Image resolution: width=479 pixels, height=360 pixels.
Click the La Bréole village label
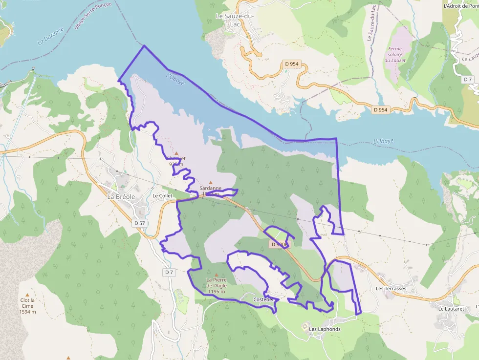click(x=121, y=196)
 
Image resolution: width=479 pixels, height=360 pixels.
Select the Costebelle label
click(x=265, y=299)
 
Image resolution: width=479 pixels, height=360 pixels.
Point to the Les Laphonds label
click(x=325, y=329)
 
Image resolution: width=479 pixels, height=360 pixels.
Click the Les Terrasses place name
click(x=391, y=289)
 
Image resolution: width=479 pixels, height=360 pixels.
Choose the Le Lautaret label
click(x=450, y=309)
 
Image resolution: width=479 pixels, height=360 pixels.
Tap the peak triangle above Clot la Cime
click(x=27, y=295)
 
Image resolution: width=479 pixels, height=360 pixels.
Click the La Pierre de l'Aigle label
click(x=216, y=283)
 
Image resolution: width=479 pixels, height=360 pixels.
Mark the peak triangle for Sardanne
click(x=211, y=183)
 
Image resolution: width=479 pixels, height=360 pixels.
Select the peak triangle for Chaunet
click(x=176, y=153)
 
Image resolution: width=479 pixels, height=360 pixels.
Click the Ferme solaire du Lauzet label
click(x=397, y=54)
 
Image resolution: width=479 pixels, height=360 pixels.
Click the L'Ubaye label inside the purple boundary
click(x=175, y=79)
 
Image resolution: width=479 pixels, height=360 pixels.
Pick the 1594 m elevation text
click(x=27, y=312)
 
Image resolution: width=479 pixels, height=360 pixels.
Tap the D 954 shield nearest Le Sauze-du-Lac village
click(x=292, y=64)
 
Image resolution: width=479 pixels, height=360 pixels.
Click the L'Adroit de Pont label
click(x=460, y=6)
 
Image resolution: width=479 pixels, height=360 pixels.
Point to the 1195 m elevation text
click(x=216, y=292)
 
